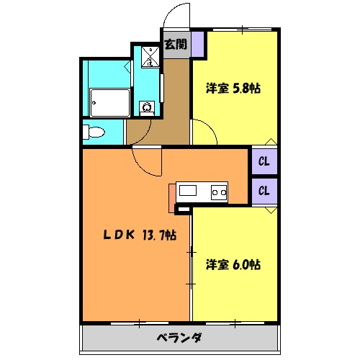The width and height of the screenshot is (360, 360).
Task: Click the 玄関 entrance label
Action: [x=175, y=45]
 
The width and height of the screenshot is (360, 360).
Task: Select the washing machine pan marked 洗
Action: [x=149, y=56]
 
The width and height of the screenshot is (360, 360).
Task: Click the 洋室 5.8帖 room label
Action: [x=233, y=89]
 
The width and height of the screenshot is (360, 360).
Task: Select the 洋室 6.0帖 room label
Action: [x=233, y=264]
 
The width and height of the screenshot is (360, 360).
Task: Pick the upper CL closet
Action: [x=264, y=161]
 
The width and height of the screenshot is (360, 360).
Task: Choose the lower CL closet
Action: [x=264, y=191]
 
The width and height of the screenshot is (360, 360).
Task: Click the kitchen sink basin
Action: [x=188, y=191]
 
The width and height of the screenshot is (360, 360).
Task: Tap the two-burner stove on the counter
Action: [x=218, y=192]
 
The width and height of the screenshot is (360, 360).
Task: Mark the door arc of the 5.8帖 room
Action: [x=204, y=132]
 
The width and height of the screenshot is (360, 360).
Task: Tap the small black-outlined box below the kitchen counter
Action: [x=183, y=210]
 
